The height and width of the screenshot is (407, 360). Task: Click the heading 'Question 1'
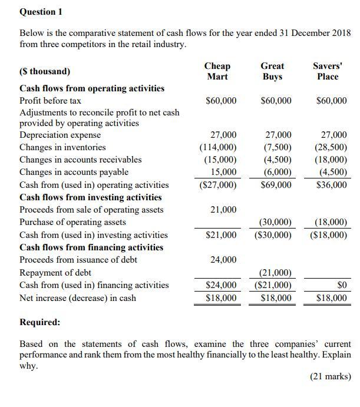click(x=41, y=12)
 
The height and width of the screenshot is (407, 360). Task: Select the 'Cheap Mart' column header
click(x=217, y=71)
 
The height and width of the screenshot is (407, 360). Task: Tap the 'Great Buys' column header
click(x=272, y=71)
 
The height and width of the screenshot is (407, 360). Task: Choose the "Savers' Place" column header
click(x=328, y=71)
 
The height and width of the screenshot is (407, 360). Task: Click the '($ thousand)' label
click(x=45, y=71)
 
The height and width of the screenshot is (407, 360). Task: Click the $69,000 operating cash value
click(x=276, y=185)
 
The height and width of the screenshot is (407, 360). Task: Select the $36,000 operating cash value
click(x=332, y=185)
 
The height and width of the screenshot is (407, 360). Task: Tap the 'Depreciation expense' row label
click(x=60, y=135)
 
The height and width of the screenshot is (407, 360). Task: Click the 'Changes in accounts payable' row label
click(x=74, y=172)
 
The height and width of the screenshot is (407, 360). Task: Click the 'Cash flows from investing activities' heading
click(x=90, y=197)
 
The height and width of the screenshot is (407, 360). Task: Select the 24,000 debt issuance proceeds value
click(x=223, y=260)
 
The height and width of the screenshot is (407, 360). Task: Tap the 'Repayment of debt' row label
click(x=55, y=273)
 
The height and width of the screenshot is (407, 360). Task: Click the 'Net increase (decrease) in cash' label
click(x=78, y=298)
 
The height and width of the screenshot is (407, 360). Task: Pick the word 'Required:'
click(x=39, y=322)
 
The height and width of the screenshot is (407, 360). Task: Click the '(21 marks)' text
click(x=330, y=377)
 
